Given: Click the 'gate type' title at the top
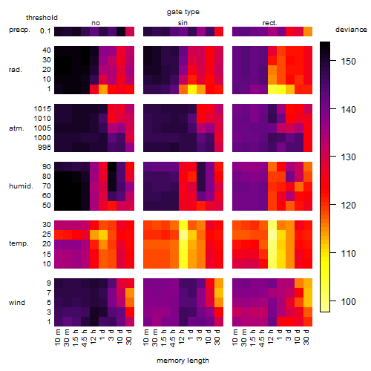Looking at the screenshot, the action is click(x=183, y=12).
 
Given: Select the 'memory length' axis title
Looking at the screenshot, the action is click(x=183, y=361).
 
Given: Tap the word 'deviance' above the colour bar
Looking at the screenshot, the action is click(x=351, y=30).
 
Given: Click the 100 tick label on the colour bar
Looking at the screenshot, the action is click(x=349, y=301).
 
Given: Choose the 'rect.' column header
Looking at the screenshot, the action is click(x=270, y=23).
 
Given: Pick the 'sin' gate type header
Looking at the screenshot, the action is click(x=183, y=23).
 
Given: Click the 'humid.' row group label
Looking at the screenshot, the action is click(x=21, y=186).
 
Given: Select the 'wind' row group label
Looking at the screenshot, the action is click(x=17, y=303).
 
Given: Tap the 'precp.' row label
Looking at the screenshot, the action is click(x=19, y=30).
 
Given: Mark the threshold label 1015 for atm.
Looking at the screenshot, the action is click(x=42, y=108).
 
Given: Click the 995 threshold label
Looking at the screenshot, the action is click(x=45, y=147).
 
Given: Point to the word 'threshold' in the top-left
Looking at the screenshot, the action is click(x=42, y=18).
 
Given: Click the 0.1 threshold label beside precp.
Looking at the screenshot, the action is click(x=45, y=31).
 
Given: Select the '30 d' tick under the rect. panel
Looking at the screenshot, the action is click(x=306, y=337).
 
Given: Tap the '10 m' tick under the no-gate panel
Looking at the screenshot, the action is click(x=58, y=337).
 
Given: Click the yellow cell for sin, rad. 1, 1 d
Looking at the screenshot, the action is click(x=192, y=89).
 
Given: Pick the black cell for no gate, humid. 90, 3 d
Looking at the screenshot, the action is click(x=112, y=167).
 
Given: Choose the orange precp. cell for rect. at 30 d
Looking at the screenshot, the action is click(x=308, y=31).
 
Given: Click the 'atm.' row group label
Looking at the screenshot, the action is click(x=16, y=128).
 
